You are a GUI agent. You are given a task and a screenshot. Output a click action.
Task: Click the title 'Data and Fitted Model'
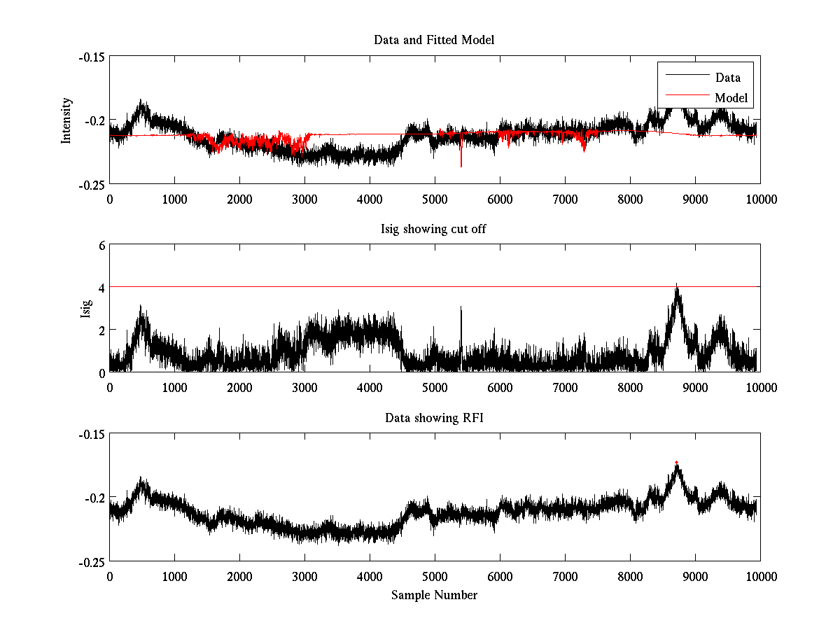click(434, 40)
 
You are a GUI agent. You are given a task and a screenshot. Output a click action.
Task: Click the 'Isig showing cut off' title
click(434, 229)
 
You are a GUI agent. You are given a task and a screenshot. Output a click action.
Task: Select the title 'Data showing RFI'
click(434, 418)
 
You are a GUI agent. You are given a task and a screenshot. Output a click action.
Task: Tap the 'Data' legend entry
click(727, 78)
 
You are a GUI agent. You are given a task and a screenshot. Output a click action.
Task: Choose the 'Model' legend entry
click(731, 98)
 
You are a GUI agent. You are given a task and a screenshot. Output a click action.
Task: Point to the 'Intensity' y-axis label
click(67, 120)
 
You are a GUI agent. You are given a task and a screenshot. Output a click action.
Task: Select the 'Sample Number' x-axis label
click(434, 595)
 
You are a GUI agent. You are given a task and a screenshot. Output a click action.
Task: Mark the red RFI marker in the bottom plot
click(676, 462)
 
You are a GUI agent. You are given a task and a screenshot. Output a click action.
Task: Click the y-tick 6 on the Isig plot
click(101, 246)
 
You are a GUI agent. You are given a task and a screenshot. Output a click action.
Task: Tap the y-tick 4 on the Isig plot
click(101, 288)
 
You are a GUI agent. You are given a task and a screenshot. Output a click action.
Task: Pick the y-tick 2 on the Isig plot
click(101, 330)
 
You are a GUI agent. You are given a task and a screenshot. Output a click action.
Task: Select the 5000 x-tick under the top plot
click(434, 199)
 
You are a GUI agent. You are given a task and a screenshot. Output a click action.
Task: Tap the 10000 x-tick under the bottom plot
click(760, 577)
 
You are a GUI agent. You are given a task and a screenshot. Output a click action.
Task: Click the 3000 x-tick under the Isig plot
click(304, 388)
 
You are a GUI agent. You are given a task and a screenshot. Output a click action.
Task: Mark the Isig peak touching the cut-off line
click(676, 288)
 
